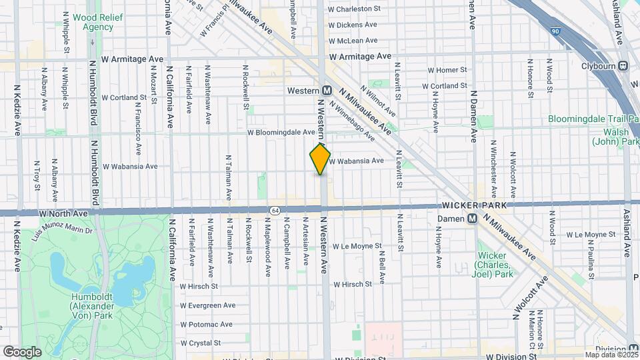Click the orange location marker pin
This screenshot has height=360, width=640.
[x=320, y=159]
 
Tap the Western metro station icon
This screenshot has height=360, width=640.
[x=327, y=90]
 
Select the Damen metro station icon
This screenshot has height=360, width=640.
[x=472, y=218]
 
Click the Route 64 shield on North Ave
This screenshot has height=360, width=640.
[x=275, y=210]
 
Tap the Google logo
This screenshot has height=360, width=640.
[x=22, y=351]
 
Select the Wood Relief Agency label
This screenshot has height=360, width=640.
[x=93, y=22]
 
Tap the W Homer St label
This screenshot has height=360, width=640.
[x=447, y=70]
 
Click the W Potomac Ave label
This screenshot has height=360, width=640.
[x=206, y=325]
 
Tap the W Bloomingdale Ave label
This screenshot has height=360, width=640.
[x=281, y=133]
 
